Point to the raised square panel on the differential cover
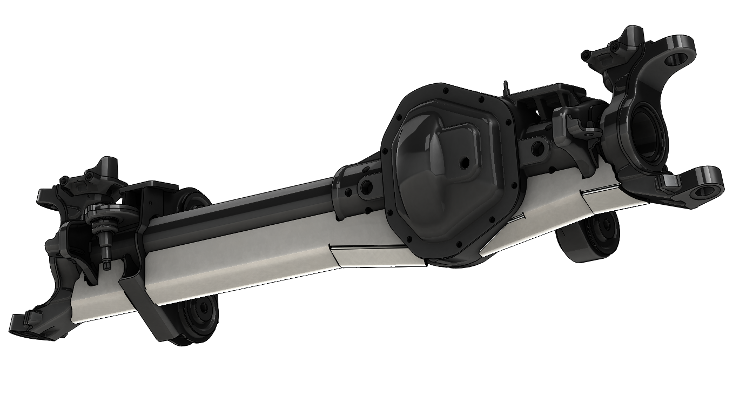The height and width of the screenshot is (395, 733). click(x=456, y=146)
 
